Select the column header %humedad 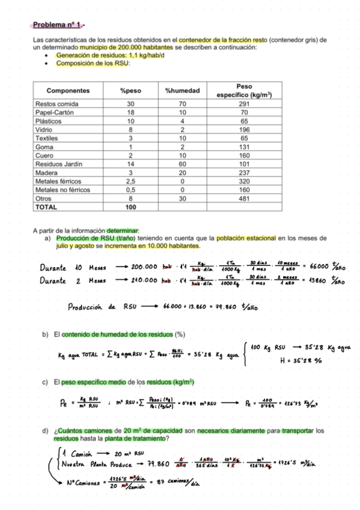tap(182, 91)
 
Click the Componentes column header tap(68, 91)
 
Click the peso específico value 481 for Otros tap(244, 198)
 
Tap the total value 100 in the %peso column tap(130, 206)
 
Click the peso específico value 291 tap(244, 104)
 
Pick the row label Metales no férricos tap(63, 189)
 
